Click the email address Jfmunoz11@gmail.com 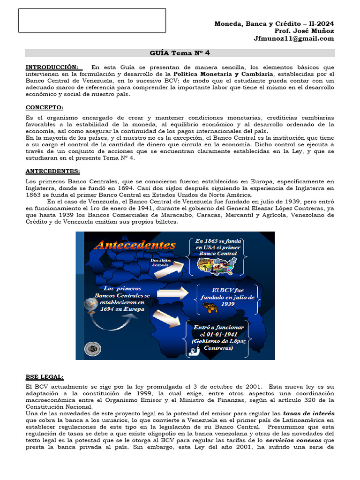294,39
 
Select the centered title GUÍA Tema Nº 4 180,53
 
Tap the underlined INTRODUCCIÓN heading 52,67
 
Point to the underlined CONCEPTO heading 45,107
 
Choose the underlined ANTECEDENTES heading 52,172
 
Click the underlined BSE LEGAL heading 45,377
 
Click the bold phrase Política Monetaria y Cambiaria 220,74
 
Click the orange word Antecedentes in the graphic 135,245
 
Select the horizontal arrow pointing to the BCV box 173,293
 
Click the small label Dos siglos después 160,262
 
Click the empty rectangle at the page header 92,21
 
